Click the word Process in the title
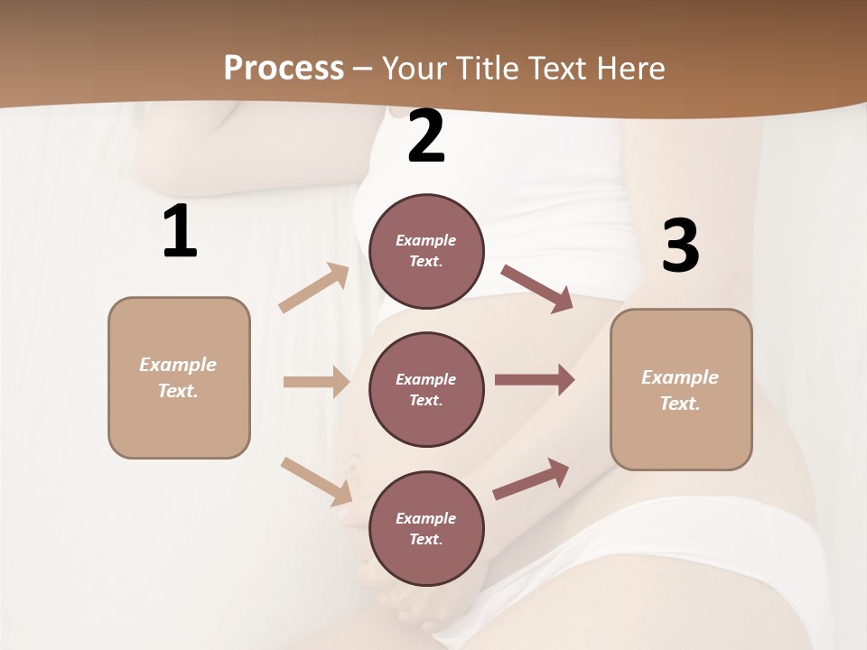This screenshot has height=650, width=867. pos(284,69)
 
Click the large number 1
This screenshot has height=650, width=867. pos(180,232)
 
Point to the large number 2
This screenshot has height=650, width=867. pos(426,136)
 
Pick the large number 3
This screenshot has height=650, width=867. pos(680,246)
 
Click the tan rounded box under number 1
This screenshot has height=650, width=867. pos(179,377)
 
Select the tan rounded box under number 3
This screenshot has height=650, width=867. pos(681,389)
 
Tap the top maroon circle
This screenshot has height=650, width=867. pos(426,251)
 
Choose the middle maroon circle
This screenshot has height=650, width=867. pos(426,389)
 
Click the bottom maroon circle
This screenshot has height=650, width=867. pos(426,528)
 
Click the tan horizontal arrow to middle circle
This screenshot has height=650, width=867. pos(316,382)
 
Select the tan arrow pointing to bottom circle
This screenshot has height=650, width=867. pos(317,480)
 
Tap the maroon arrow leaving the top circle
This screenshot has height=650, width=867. pos(536,288)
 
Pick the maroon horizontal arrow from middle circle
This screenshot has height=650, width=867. pos(535,380)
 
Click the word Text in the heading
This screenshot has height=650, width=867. pos(555,69)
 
